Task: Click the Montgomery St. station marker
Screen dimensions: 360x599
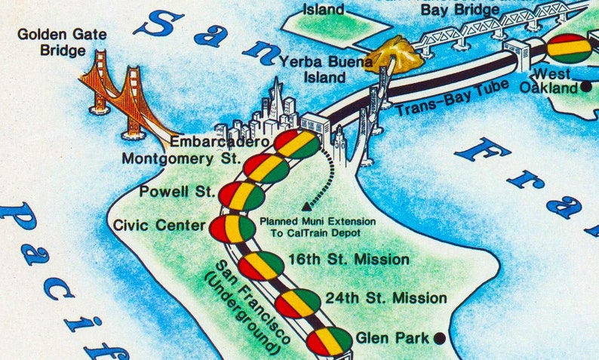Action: click(x=266, y=169)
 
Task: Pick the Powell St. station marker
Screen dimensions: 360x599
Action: click(x=241, y=196)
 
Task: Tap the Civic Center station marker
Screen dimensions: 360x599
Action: click(x=232, y=228)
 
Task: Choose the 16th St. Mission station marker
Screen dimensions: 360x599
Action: click(x=261, y=266)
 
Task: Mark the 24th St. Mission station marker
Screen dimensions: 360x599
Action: click(x=297, y=303)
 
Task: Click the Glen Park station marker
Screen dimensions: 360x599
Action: click(x=329, y=341)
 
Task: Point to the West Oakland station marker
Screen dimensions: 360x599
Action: click(x=569, y=48)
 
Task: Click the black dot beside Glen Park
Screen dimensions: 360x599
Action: click(x=438, y=337)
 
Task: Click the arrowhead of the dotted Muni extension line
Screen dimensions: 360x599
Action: click(x=306, y=205)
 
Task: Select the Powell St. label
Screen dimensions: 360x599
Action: click(x=179, y=192)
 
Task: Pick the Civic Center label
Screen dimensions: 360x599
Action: click(x=159, y=225)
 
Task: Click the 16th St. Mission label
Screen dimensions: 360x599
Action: click(x=349, y=260)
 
